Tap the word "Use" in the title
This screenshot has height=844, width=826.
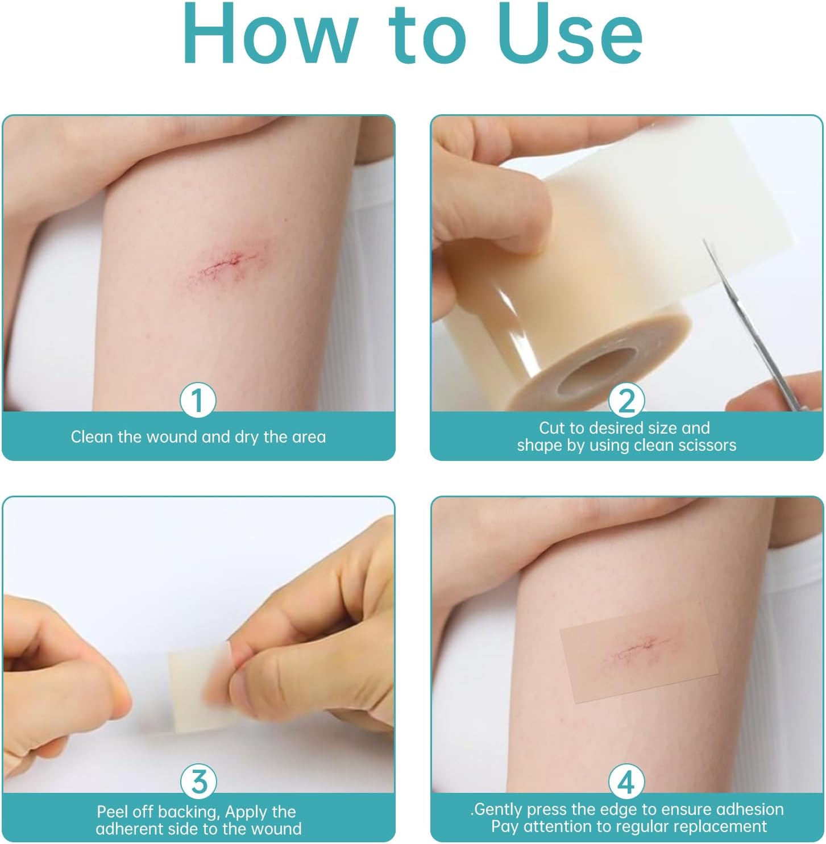coord(570,34)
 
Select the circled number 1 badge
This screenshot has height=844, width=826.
coord(198,400)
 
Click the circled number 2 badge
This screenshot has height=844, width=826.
coord(626,400)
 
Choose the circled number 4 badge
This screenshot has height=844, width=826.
coord(626,781)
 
